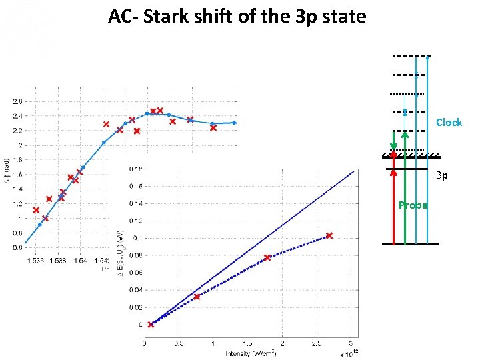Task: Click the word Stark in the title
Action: tap(181, 16)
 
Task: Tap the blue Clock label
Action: tap(449, 123)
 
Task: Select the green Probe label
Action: tap(413, 205)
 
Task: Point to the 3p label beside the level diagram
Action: tap(441, 176)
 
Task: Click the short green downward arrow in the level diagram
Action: tap(393, 141)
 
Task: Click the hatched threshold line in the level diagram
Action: tap(411, 156)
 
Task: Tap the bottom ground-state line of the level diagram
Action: tap(411, 244)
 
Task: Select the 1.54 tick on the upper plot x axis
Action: tap(79, 261)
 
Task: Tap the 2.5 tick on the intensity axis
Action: tap(315, 343)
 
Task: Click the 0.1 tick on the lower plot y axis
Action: tap(136, 238)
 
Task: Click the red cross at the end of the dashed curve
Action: tap(329, 235)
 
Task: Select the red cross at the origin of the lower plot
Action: tap(151, 325)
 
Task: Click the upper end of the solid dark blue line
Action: tap(353, 171)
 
